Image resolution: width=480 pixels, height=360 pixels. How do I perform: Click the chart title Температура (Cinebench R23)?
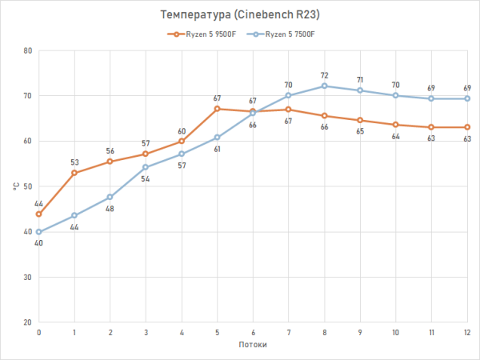(239, 15)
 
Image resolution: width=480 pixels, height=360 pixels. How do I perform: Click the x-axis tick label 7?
(288, 332)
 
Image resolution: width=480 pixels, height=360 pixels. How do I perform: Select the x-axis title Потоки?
(253, 345)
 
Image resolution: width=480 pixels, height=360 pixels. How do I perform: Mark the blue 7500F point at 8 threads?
(324, 86)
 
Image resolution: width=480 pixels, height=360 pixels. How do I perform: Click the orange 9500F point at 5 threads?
(217, 109)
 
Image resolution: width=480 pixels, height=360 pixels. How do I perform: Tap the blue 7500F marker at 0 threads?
(38, 232)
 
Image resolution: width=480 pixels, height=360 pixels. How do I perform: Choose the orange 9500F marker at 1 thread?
(74, 173)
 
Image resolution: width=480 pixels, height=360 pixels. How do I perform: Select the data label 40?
(38, 242)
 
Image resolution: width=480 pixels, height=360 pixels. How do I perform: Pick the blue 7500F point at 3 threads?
(146, 167)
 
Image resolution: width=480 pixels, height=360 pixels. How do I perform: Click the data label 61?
(218, 149)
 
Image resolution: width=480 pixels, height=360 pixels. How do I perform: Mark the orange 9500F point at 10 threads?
(396, 125)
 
